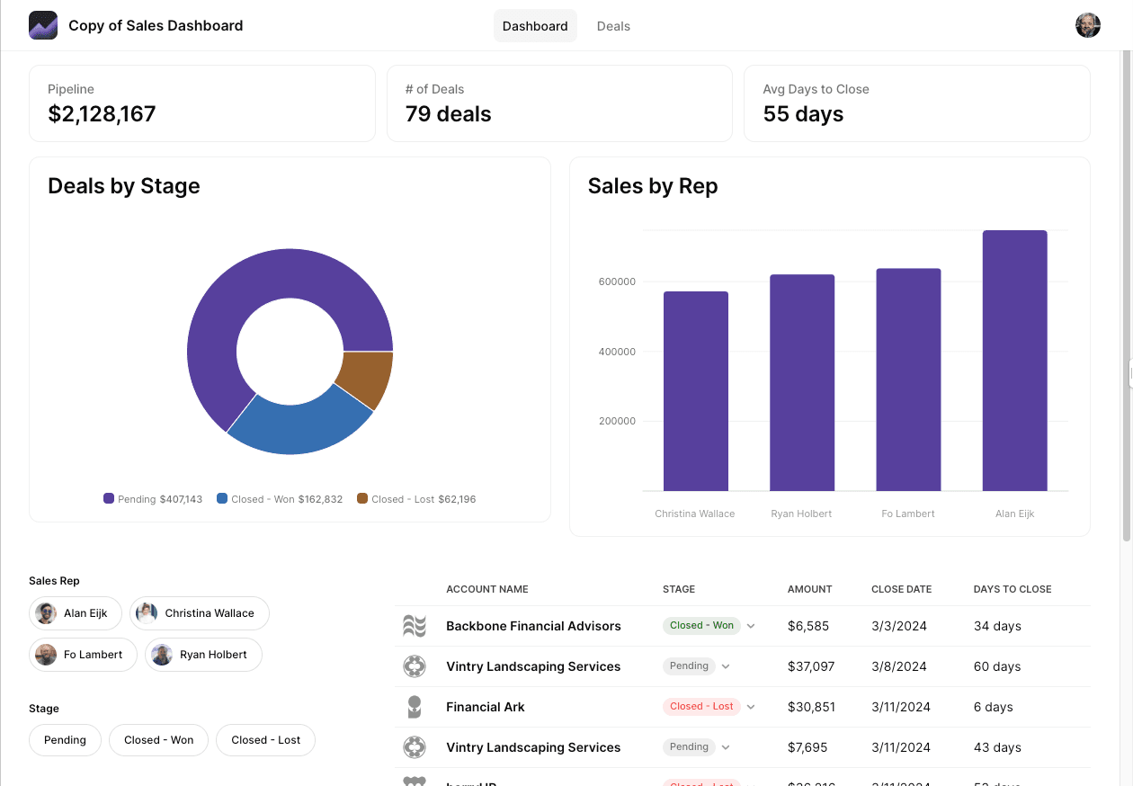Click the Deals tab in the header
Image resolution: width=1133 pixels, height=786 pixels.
(613, 26)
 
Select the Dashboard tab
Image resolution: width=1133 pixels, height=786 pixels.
(535, 26)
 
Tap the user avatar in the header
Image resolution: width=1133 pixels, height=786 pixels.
(1087, 25)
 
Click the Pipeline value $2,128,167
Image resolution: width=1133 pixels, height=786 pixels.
(102, 114)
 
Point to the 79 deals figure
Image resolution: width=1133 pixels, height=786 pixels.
(448, 114)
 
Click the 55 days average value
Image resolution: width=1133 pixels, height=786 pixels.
(803, 114)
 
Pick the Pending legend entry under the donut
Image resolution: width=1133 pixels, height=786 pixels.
(152, 499)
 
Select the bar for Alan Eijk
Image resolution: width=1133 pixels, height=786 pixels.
(1014, 360)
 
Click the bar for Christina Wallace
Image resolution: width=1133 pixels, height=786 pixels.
(695, 391)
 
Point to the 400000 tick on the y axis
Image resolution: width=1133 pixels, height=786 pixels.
(617, 352)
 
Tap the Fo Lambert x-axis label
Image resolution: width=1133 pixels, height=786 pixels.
(908, 514)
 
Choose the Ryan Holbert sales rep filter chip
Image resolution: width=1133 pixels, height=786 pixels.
(203, 655)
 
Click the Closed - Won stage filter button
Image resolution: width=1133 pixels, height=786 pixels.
(158, 740)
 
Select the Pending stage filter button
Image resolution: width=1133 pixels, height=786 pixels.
(65, 740)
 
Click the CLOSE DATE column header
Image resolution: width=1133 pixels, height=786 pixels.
(901, 589)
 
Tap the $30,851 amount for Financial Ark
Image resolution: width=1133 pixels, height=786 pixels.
(807, 707)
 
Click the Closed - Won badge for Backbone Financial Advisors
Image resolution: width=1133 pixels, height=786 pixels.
(701, 626)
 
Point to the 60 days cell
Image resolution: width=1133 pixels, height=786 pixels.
(996, 666)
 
